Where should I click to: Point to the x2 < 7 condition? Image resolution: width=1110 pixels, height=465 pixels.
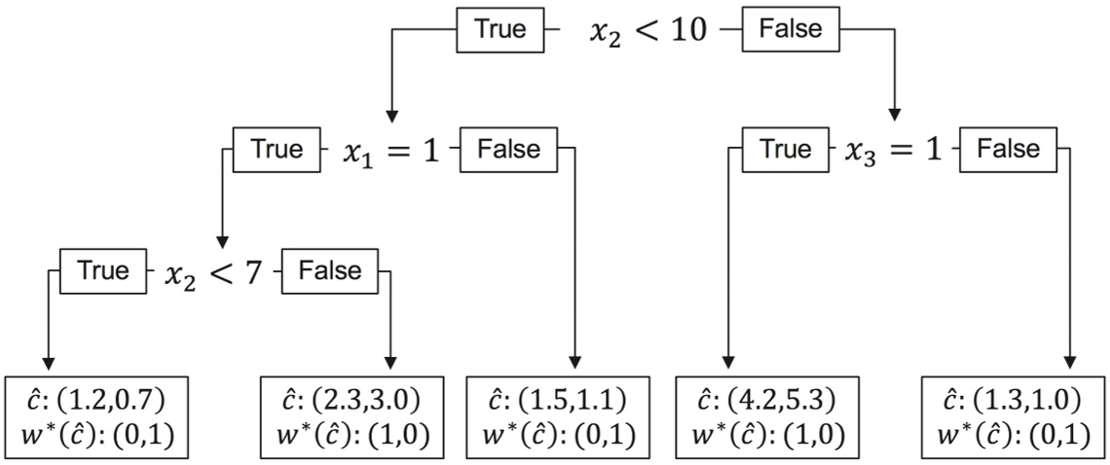(x=212, y=273)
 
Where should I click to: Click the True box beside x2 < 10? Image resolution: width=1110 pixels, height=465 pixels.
(x=500, y=29)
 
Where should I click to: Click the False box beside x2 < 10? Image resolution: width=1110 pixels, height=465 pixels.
(x=790, y=29)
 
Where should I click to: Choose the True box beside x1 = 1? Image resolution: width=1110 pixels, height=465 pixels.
(x=277, y=150)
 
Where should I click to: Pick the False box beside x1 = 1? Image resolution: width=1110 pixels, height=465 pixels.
(x=508, y=150)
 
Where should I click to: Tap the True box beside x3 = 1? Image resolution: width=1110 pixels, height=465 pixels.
(x=784, y=150)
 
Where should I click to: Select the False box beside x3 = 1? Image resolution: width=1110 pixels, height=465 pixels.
(x=1008, y=150)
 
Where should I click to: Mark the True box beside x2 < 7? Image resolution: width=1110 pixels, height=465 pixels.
(x=103, y=270)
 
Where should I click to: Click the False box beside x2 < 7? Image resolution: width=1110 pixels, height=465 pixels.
(x=328, y=270)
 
